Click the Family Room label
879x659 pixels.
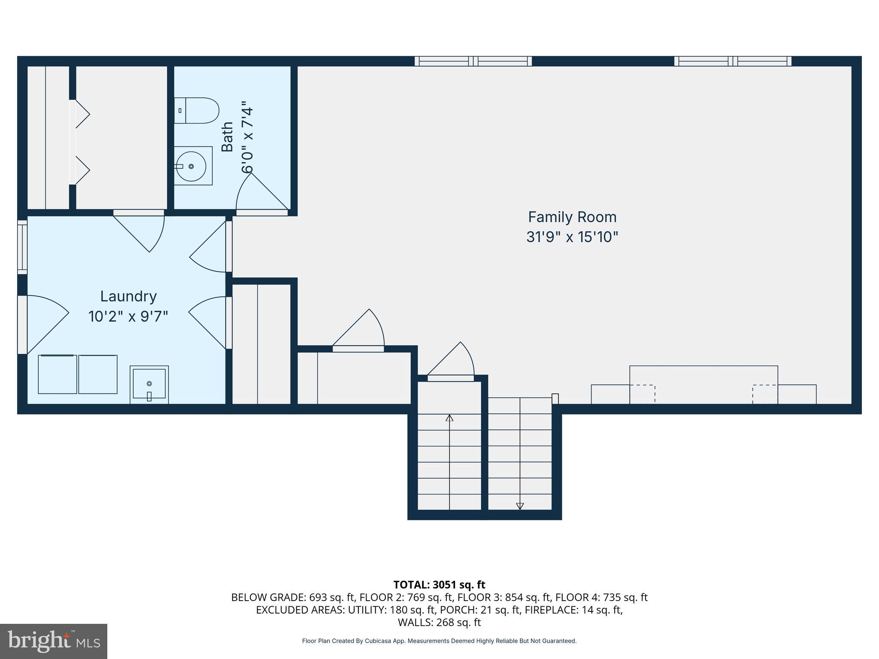point(572,217)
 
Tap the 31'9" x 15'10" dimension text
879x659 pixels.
point(572,237)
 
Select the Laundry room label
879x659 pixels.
point(128,296)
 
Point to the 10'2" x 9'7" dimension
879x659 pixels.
point(128,317)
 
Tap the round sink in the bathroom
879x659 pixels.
point(191,166)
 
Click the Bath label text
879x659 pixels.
point(227,136)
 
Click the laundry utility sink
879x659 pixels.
point(149,384)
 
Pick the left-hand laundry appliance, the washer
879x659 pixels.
point(58,374)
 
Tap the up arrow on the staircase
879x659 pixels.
point(449,418)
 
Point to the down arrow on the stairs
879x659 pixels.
point(520,506)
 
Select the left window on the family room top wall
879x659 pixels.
point(473,61)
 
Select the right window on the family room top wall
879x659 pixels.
point(733,61)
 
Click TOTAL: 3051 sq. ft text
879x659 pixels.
point(439,585)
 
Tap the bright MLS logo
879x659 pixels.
point(54,641)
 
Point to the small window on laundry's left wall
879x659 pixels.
point(22,247)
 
